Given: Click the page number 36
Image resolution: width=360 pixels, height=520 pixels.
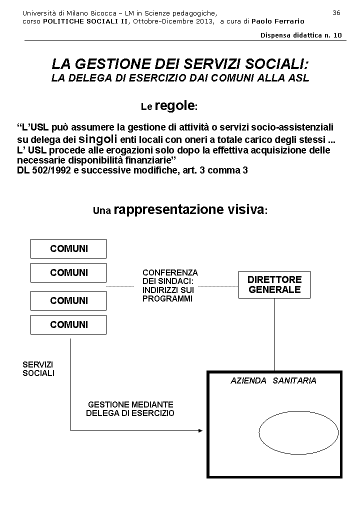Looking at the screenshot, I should tap(336, 13).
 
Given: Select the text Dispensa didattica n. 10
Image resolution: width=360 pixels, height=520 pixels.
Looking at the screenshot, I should tap(301, 35).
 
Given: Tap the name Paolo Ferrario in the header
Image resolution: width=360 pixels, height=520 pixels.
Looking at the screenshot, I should tap(277, 21).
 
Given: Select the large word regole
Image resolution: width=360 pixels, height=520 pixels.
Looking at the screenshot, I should tap(174, 105).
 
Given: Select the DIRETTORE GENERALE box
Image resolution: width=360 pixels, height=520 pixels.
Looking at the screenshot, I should tap(274, 285).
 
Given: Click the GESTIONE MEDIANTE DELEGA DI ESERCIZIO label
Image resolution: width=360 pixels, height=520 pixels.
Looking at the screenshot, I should tap(130, 409).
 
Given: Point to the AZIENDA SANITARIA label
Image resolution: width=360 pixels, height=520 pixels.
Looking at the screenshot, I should tap(273, 381).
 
